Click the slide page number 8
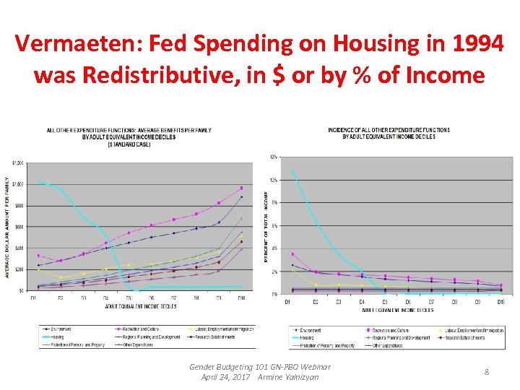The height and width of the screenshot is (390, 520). (x=487, y=371)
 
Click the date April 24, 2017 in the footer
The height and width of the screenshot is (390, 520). (x=225, y=377)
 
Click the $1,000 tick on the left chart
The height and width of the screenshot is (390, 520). (x=17, y=184)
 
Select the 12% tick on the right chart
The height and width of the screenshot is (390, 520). (x=273, y=157)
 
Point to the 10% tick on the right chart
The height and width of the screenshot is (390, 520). (x=273, y=180)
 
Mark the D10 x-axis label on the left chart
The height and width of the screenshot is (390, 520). (x=240, y=298)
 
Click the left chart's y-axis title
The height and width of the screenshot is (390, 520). (x=8, y=227)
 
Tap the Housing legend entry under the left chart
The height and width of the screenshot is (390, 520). (x=58, y=336)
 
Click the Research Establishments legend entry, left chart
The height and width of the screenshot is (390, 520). (x=213, y=336)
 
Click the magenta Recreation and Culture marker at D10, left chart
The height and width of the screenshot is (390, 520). (x=241, y=188)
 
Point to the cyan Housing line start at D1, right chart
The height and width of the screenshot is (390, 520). (x=292, y=170)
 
